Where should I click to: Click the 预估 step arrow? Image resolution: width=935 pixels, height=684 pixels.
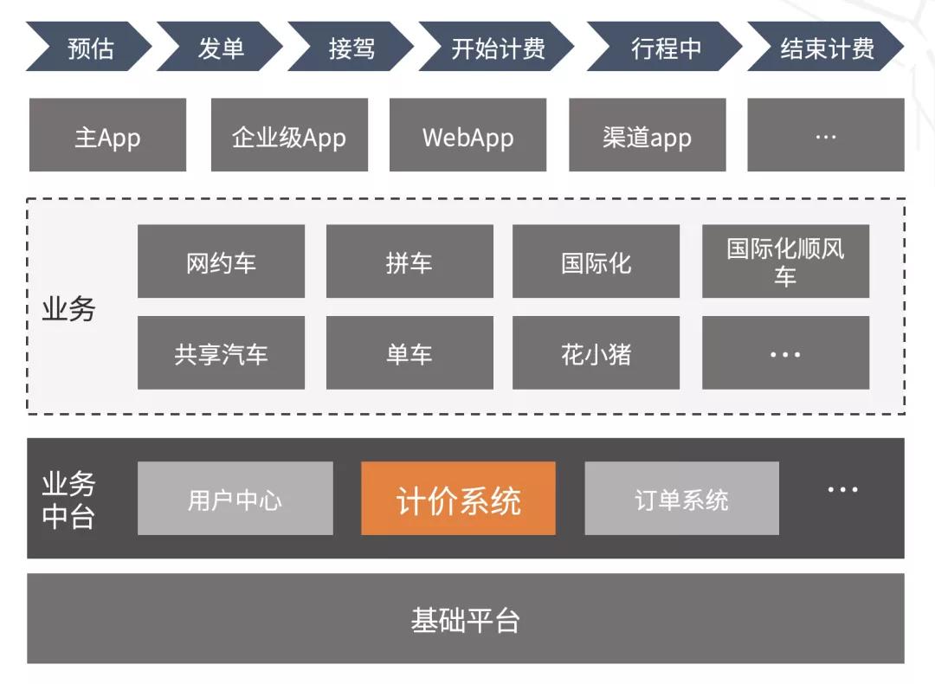tap(89, 48)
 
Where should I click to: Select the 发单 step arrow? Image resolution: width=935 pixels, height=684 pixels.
tap(220, 48)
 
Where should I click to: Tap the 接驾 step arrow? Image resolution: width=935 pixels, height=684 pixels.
tap(351, 48)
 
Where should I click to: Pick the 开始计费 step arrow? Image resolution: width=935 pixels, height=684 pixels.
tap(497, 48)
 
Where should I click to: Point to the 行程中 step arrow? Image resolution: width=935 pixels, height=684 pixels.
tap(665, 48)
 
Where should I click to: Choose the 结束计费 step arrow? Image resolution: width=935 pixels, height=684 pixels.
tap(826, 48)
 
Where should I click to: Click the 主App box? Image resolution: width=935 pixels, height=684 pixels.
tap(107, 135)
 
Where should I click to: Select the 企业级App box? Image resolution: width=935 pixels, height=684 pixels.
tap(289, 135)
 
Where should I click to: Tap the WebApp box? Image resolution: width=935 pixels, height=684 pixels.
tap(467, 135)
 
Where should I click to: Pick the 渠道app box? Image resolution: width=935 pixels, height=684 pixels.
tap(647, 135)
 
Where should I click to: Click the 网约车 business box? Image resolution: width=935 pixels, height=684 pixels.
tap(221, 261)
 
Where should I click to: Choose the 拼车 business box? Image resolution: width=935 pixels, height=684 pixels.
tap(409, 261)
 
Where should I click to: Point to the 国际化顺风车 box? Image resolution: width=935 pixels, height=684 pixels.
tap(785, 261)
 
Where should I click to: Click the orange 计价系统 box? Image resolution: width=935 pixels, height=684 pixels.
tap(458, 499)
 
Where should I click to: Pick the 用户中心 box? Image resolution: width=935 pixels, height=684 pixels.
tap(235, 499)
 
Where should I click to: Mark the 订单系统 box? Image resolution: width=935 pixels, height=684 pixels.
tap(681, 499)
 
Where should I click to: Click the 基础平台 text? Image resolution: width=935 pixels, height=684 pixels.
tap(465, 619)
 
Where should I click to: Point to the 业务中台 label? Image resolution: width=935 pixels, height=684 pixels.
tap(68, 500)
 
